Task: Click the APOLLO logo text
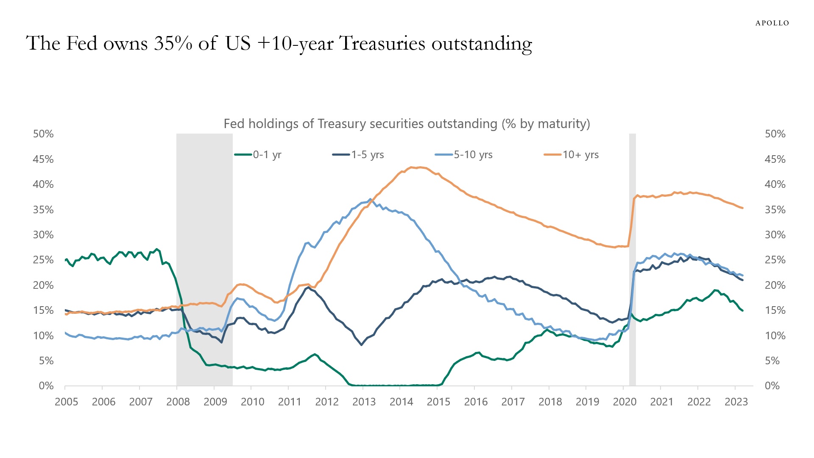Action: click(x=772, y=23)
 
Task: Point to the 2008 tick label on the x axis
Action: click(x=178, y=402)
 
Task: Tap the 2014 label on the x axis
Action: click(x=401, y=402)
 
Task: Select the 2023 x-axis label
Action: click(x=736, y=402)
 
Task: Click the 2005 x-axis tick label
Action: click(x=67, y=402)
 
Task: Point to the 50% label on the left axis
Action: click(x=43, y=134)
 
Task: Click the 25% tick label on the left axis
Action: click(x=43, y=260)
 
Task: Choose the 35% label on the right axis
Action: click(x=775, y=210)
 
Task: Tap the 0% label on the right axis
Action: click(x=772, y=386)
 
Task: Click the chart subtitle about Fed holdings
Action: click(x=407, y=124)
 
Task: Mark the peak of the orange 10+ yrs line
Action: click(x=412, y=167)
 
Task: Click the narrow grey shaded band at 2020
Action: click(x=632, y=260)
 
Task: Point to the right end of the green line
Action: click(x=742, y=310)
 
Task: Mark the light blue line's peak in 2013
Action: click(x=370, y=199)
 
